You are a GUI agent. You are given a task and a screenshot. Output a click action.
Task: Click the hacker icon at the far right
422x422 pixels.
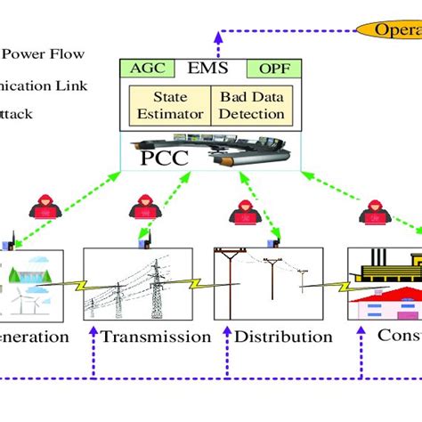pos(373,214)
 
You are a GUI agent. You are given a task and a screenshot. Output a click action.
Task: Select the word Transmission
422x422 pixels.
pos(156,337)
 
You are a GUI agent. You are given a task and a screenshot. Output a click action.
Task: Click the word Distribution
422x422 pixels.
pos(282,337)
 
